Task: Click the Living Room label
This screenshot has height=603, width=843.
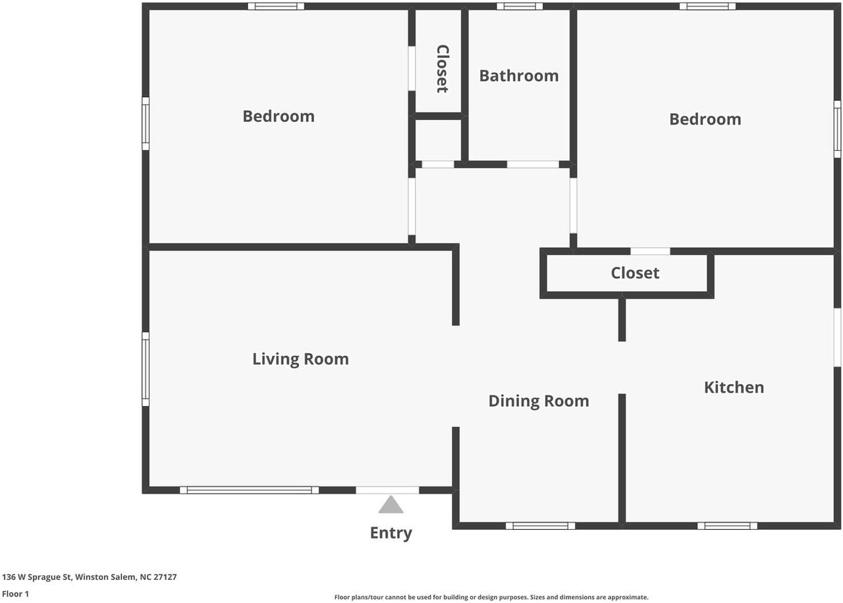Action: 300,359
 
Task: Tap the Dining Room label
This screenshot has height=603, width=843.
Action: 539,401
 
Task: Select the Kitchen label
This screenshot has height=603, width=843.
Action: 734,388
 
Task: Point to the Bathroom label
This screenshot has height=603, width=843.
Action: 518,76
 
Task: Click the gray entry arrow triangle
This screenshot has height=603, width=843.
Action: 391,505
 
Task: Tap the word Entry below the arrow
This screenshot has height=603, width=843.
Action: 391,533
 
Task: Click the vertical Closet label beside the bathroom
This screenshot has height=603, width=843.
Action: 442,69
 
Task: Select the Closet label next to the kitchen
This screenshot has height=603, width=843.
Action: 635,273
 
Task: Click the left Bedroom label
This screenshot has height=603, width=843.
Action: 279,117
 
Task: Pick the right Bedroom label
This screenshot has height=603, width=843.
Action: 705,119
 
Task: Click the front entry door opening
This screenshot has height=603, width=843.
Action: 387,490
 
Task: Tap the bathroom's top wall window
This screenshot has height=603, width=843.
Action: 520,7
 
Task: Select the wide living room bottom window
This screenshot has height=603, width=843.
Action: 249,490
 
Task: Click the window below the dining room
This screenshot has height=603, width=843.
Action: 541,526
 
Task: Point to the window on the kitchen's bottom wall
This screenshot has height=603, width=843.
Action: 727,526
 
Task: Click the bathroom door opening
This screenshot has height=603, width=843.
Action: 533,165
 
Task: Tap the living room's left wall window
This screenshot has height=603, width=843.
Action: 146,369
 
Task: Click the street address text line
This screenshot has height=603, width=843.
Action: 89,577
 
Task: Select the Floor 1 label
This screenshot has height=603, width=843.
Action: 15,594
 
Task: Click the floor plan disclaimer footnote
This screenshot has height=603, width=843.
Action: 491,597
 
